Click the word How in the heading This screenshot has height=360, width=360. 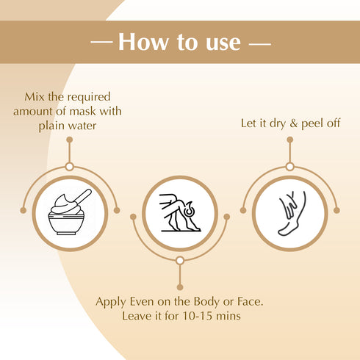tap(143, 42)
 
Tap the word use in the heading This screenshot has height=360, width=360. tap(219, 42)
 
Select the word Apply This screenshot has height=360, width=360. tap(112, 302)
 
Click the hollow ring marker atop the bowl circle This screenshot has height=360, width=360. tap(69, 167)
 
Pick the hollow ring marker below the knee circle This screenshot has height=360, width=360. tap(179, 260)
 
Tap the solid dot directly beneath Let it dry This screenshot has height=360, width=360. tap(289, 139)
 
